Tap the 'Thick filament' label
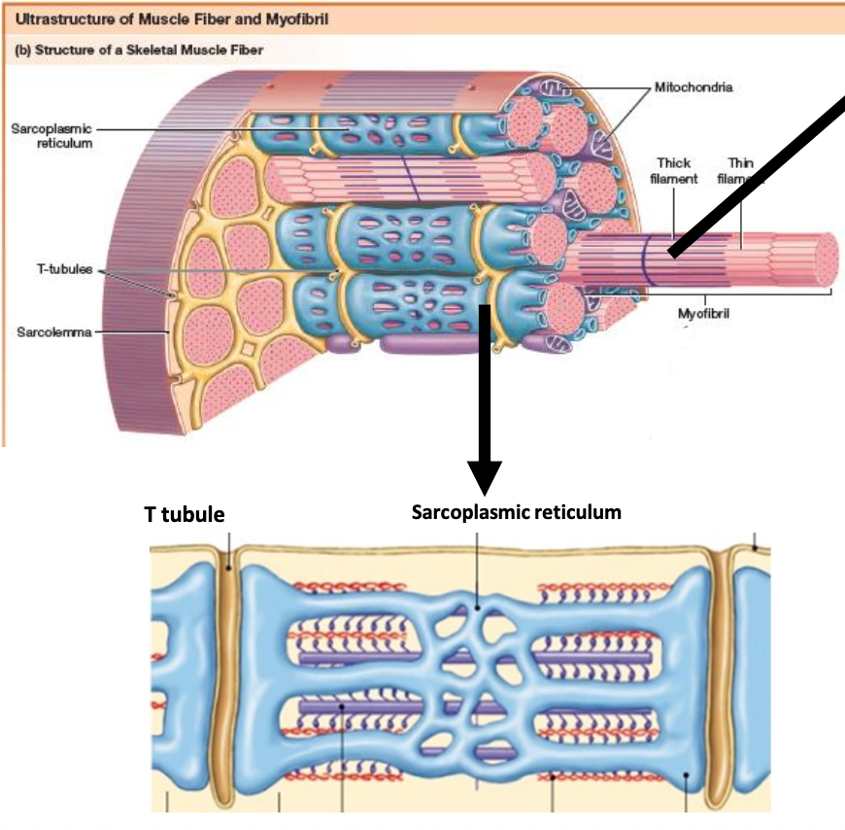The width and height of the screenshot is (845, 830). pyautogui.click(x=677, y=171)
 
